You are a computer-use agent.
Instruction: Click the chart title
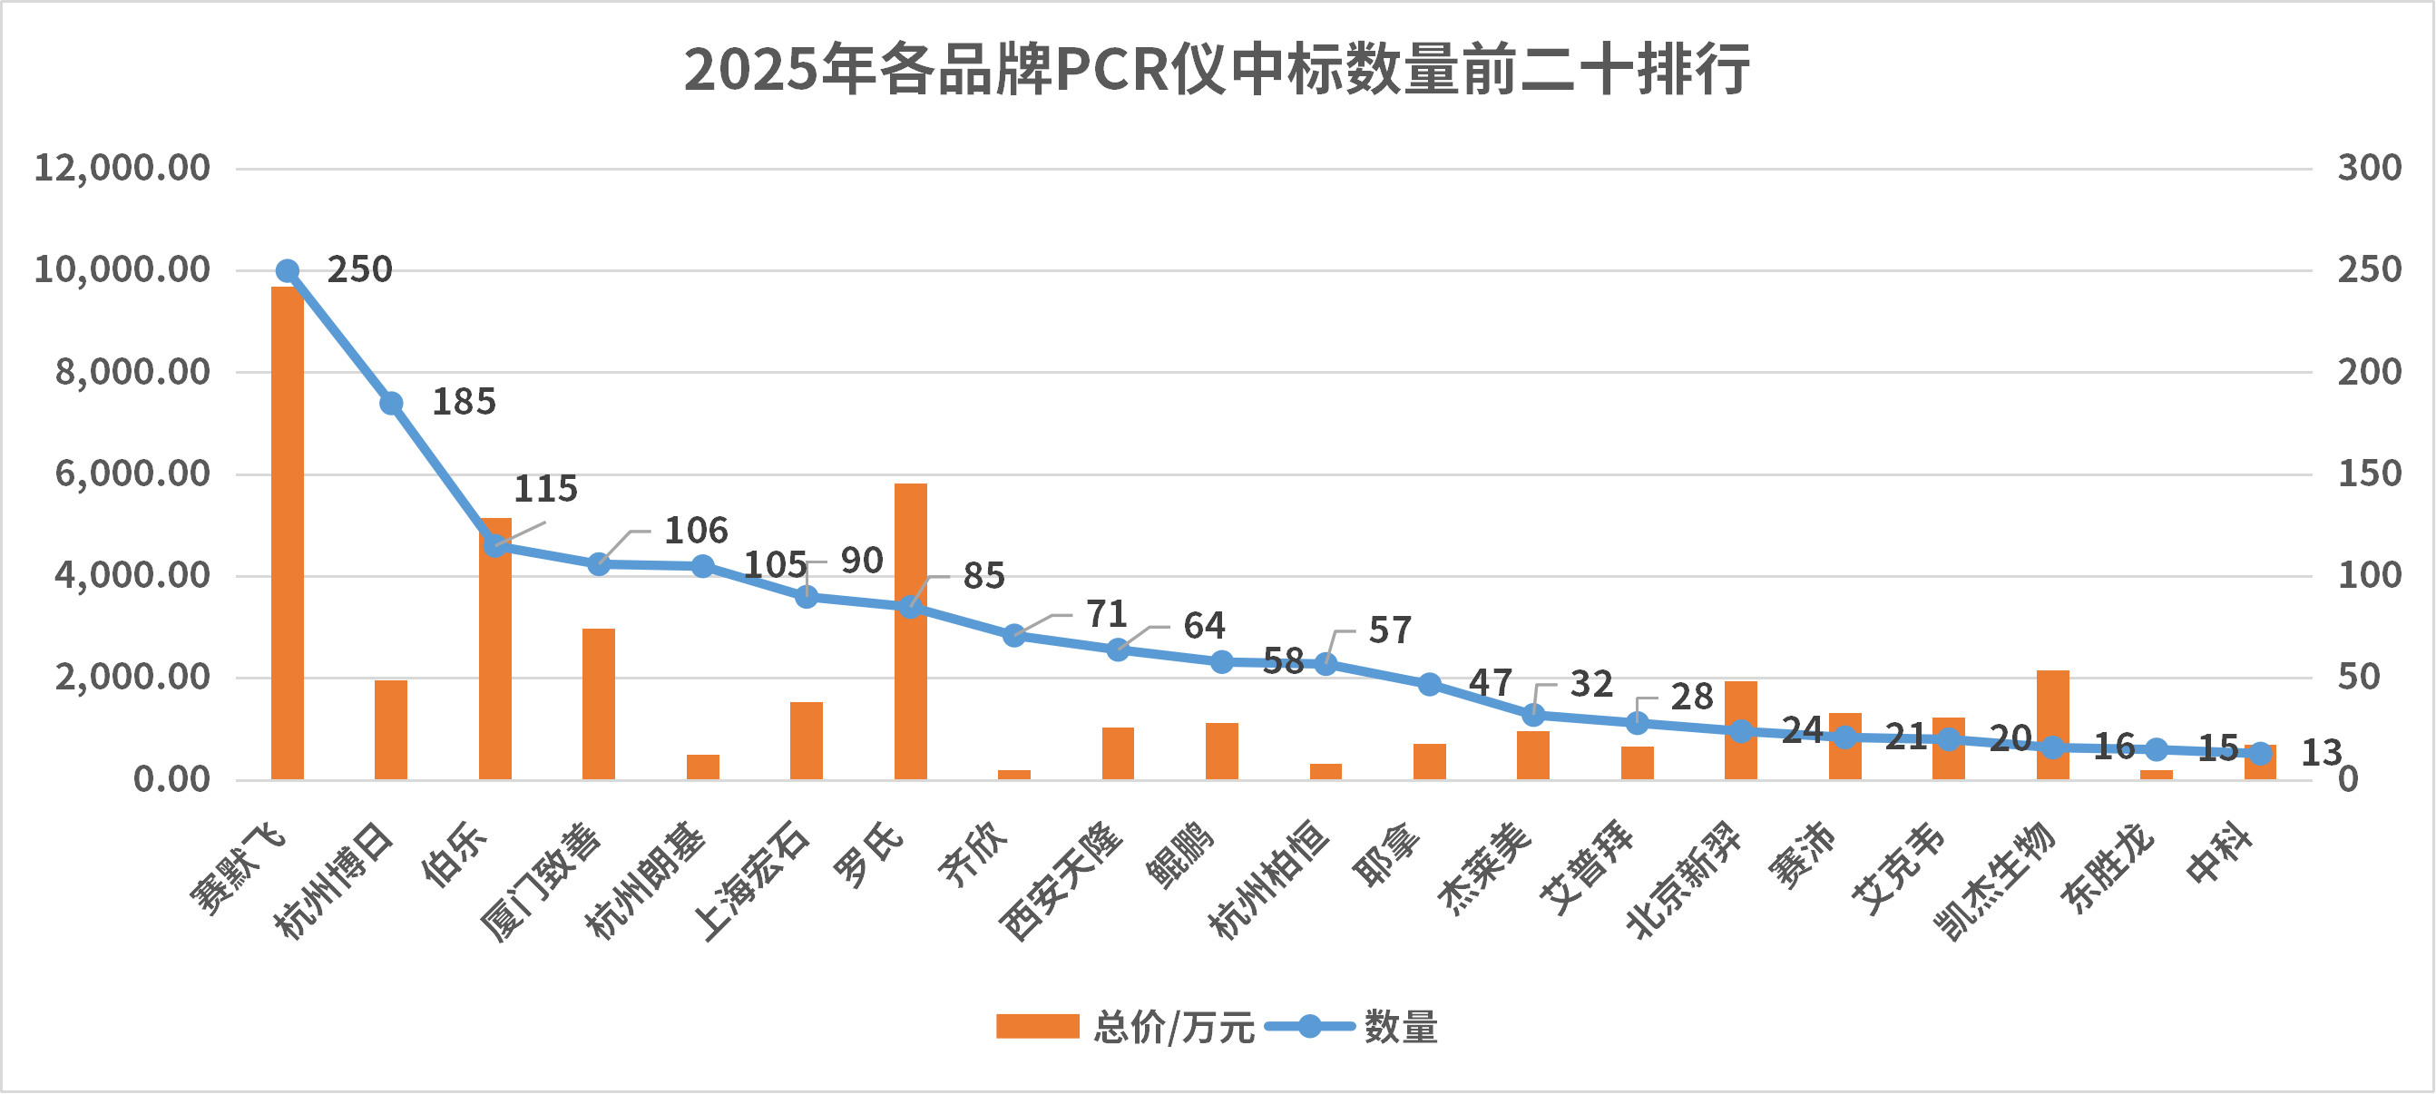tap(1216, 69)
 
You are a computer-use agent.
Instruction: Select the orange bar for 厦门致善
tap(599, 704)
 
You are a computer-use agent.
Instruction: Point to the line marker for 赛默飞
tap(288, 271)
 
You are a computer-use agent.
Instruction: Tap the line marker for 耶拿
tap(1429, 684)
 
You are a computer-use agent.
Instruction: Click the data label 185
tap(464, 402)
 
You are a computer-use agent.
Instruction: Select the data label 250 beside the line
tap(359, 269)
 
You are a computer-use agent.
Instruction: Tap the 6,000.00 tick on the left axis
tap(132, 473)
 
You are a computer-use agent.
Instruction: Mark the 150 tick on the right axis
tap(2369, 473)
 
